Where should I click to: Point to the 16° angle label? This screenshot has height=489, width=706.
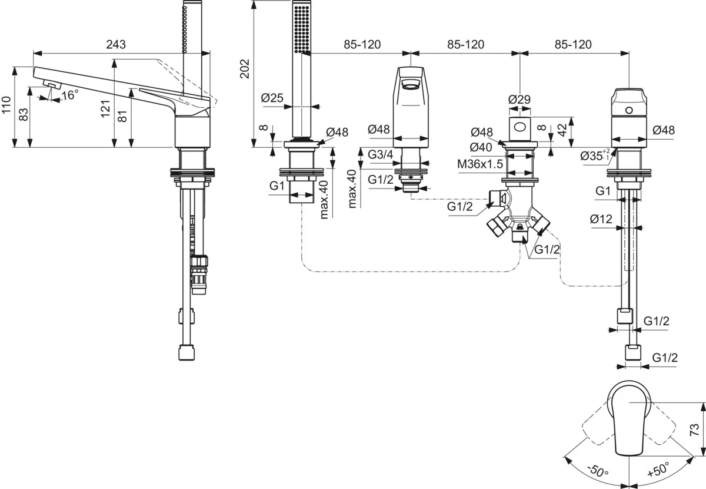(69, 95)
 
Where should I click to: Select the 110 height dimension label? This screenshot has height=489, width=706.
(6, 105)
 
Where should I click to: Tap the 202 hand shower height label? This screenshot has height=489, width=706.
(245, 69)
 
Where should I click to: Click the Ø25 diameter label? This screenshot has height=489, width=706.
(271, 98)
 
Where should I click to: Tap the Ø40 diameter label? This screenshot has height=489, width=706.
(482, 147)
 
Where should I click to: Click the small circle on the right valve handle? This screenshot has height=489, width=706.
(630, 110)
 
